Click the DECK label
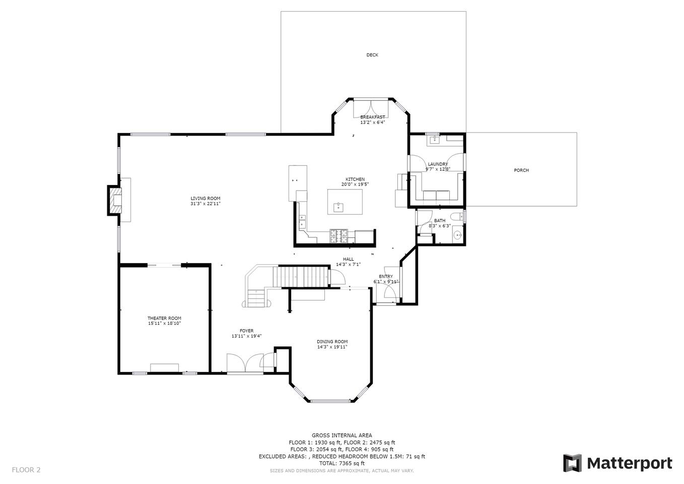[x=372, y=55]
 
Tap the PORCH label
[x=521, y=170]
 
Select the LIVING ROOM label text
[x=206, y=198]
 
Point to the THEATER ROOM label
[x=164, y=318]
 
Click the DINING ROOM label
[x=332, y=342]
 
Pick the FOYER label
[x=246, y=331]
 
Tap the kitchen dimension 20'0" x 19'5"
[x=355, y=184]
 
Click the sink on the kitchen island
[x=338, y=207]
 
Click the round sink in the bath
[x=458, y=235]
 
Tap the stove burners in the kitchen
[x=338, y=236]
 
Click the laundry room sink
[x=434, y=140]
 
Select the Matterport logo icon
[x=573, y=463]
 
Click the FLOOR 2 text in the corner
[x=26, y=470]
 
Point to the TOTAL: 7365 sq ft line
[x=341, y=463]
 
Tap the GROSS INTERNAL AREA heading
[x=341, y=435]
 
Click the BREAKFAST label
[x=373, y=117]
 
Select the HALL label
[x=349, y=259]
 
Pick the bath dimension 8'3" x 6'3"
[x=440, y=226]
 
